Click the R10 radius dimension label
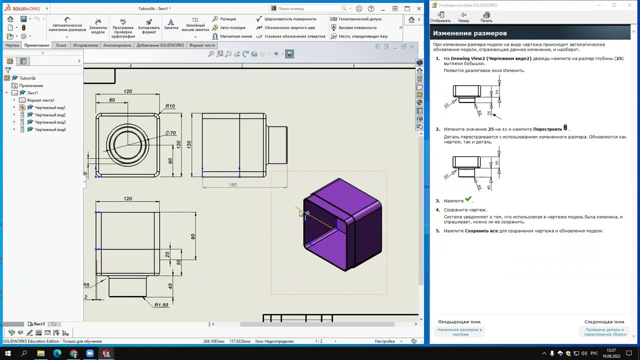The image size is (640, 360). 170,106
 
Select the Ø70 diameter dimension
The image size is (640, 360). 170,133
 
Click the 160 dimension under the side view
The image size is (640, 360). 232,184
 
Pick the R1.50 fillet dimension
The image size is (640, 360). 161,305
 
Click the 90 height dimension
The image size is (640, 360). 193,236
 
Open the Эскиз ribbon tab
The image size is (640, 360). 61,45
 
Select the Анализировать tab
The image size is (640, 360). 117,45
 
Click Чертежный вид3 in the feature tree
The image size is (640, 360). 50,122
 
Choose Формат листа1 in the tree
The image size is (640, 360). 40,100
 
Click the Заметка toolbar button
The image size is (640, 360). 171,24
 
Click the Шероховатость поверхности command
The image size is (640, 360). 290,19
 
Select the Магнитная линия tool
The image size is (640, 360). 235,36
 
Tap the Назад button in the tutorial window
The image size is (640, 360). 463,17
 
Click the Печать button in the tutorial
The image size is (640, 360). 486,17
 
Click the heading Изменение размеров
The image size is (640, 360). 470,33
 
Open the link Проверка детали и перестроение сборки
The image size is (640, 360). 604,332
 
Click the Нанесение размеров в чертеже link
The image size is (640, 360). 459,332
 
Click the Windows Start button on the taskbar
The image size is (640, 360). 8,353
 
